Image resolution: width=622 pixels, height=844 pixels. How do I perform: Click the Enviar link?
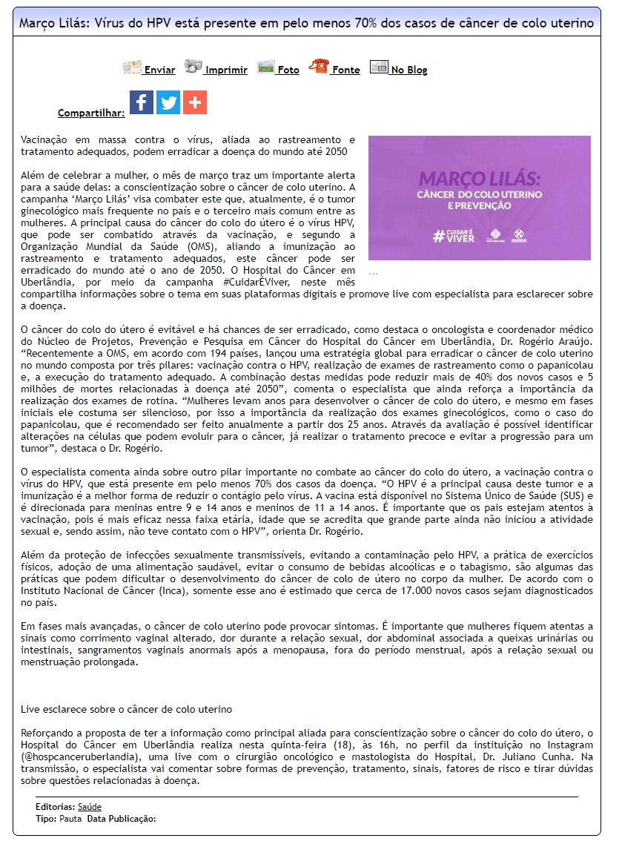coord(159,70)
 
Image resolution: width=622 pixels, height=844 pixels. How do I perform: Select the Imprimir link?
coord(226,70)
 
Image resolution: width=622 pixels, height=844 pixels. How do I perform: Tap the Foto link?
coord(288,70)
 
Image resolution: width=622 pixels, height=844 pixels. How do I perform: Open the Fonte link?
coord(345,70)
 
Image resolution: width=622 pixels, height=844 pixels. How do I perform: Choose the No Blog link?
coord(409,70)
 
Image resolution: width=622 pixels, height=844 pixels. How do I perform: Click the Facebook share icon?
coord(142,102)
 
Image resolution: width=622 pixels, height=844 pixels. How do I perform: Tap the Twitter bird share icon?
coord(168,102)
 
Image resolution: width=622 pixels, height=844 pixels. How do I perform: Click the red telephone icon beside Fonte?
coord(319,67)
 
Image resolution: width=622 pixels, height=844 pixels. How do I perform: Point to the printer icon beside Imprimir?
coord(193,67)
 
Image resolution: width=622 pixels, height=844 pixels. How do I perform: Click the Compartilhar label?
coord(91,113)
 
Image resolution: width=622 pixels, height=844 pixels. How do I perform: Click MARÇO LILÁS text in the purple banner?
coord(479,179)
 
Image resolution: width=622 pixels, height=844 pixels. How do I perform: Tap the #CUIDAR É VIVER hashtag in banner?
coord(454,236)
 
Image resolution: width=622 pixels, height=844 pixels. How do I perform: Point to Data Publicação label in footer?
coord(121,819)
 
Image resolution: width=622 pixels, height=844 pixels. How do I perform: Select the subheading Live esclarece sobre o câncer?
coord(126,710)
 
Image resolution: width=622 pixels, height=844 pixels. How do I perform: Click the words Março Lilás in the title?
coord(53,24)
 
